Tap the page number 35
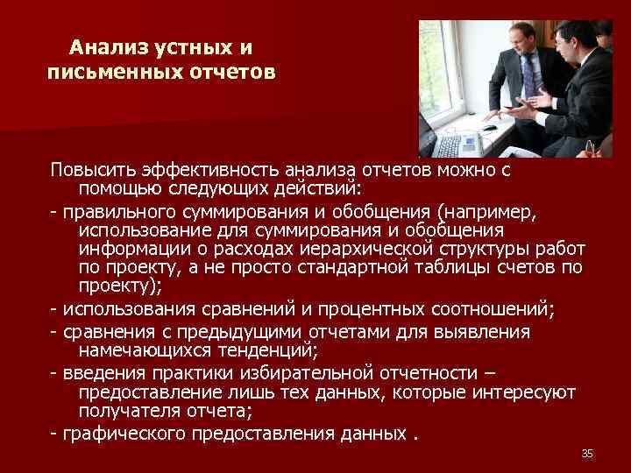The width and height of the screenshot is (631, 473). point(587,453)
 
